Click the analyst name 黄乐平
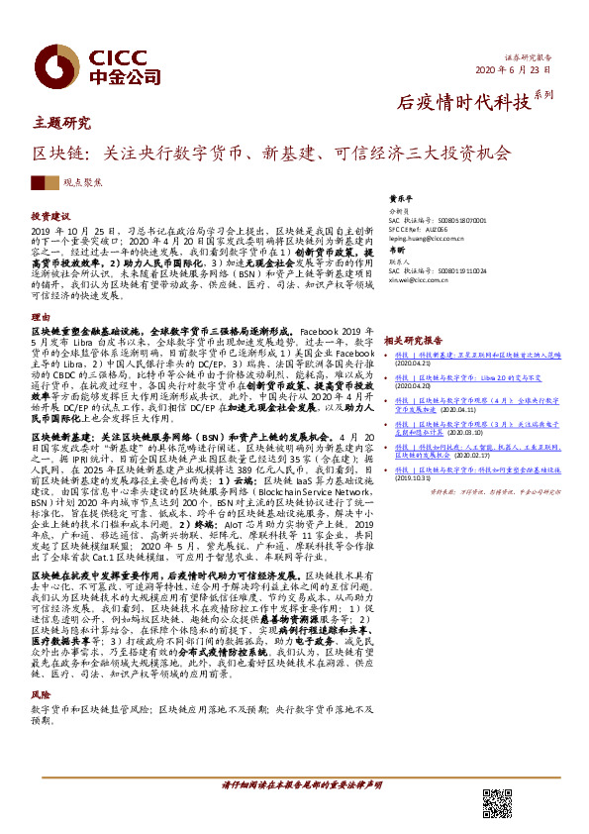[x=400, y=198]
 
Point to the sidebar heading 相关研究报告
[x=411, y=339]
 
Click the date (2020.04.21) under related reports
[x=415, y=363]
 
